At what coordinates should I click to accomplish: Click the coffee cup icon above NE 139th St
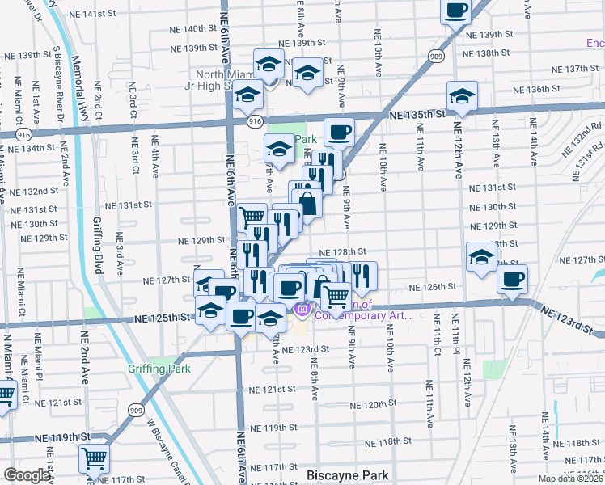click(x=455, y=11)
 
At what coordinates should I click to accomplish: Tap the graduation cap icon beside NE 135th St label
click(x=462, y=97)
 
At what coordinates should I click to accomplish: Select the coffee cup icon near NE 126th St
click(x=512, y=280)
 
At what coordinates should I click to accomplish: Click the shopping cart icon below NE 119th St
click(x=95, y=458)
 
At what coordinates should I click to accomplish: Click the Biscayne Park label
click(x=348, y=475)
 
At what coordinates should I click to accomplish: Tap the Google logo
click(x=26, y=475)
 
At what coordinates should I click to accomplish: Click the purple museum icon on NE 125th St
click(x=302, y=309)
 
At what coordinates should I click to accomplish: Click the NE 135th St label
click(x=417, y=116)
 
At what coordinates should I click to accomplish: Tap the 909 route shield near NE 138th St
click(x=436, y=56)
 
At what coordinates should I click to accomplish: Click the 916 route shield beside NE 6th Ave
click(x=256, y=120)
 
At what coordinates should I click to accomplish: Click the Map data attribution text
click(x=571, y=479)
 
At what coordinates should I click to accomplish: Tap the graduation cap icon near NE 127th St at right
click(x=481, y=259)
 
